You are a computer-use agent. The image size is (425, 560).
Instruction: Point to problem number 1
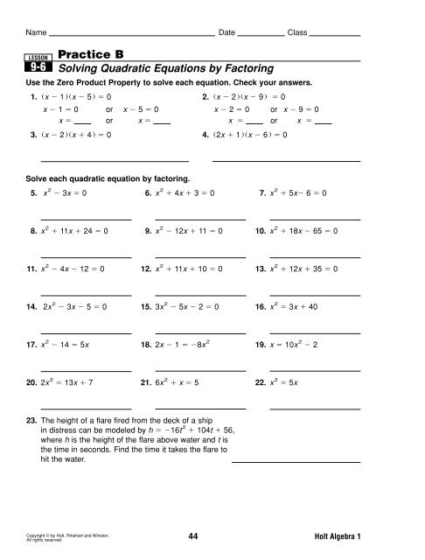click(x=32, y=96)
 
